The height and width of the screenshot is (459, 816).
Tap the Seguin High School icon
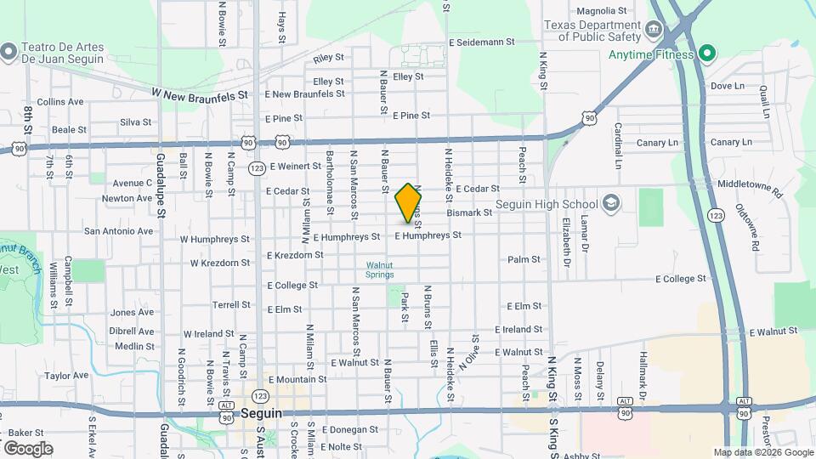pyautogui.click(x=610, y=203)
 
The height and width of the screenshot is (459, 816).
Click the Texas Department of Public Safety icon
pyautogui.click(x=654, y=31)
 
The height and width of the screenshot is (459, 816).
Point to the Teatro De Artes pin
pyautogui.click(x=8, y=52)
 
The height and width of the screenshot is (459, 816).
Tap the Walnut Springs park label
pyautogui.click(x=380, y=269)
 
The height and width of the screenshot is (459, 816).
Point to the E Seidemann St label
pyautogui.click(x=481, y=41)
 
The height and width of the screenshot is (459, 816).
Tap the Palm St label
pyautogui.click(x=524, y=259)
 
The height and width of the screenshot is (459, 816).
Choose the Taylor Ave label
pyautogui.click(x=67, y=375)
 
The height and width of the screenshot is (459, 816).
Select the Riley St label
pyautogui.click(x=328, y=59)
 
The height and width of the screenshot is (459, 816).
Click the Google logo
pyautogui.click(x=28, y=448)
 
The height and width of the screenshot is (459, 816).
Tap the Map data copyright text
pyautogui.click(x=762, y=452)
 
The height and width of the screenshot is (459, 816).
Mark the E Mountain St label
pyautogui.click(x=297, y=379)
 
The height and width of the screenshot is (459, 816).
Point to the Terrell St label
pyautogui.click(x=230, y=304)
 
